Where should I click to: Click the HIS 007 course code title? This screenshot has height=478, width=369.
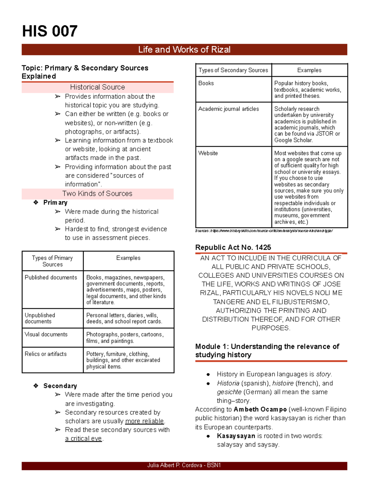point(50,31)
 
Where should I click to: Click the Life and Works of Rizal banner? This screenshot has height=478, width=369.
point(184,50)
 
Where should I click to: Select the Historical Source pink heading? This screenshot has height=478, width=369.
point(97,87)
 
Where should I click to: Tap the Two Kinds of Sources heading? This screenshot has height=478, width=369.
point(97,194)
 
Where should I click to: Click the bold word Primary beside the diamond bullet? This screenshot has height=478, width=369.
point(55,203)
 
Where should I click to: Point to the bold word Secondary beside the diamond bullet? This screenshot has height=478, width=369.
point(60,386)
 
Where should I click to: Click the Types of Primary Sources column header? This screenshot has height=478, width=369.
point(53,261)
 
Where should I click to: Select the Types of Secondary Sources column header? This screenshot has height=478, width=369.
point(233,70)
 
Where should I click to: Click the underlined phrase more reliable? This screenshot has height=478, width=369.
point(145,421)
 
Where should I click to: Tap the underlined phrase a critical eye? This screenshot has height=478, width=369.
point(83,439)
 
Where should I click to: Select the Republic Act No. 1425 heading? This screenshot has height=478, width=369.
point(233,247)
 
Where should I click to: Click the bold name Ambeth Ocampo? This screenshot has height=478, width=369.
point(260,409)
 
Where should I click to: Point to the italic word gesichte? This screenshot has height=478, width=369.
point(229,392)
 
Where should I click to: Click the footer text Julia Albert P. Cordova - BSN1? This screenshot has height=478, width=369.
point(184,465)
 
